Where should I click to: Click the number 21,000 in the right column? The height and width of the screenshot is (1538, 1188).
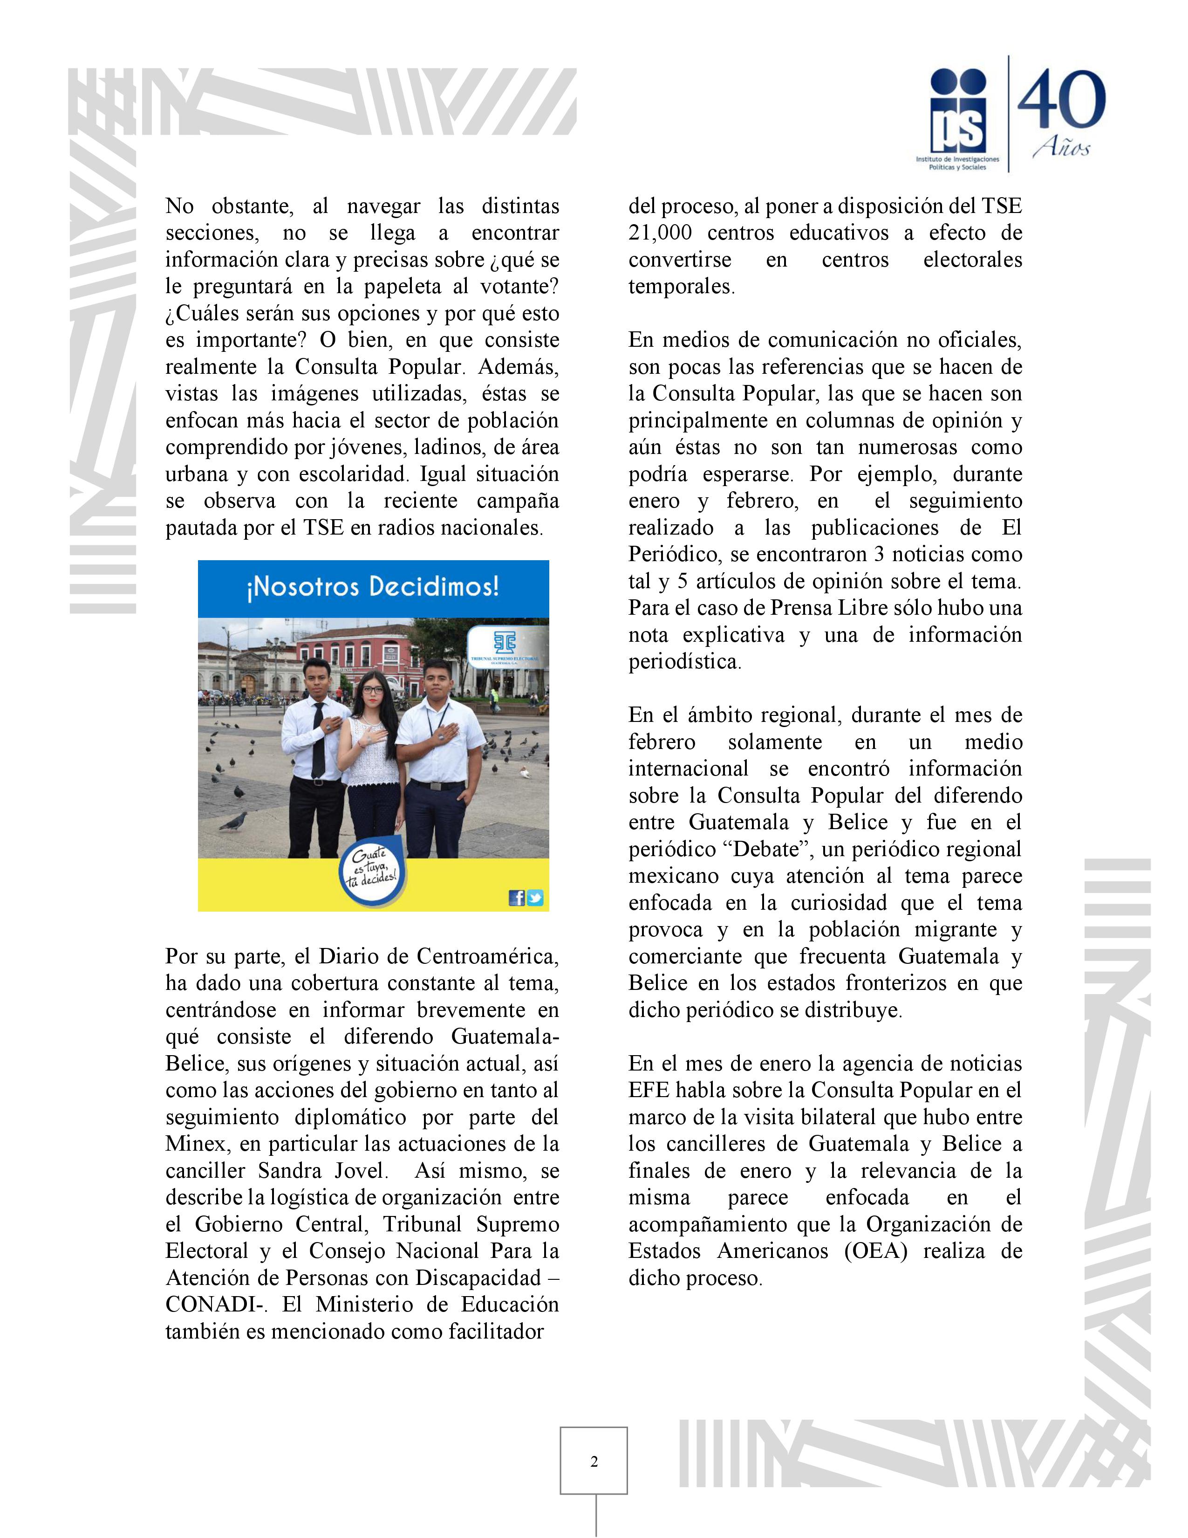[x=662, y=233]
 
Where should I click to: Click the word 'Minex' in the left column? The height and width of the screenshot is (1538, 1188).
[x=191, y=1144]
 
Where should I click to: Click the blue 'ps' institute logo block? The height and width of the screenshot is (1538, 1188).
[x=958, y=116]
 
